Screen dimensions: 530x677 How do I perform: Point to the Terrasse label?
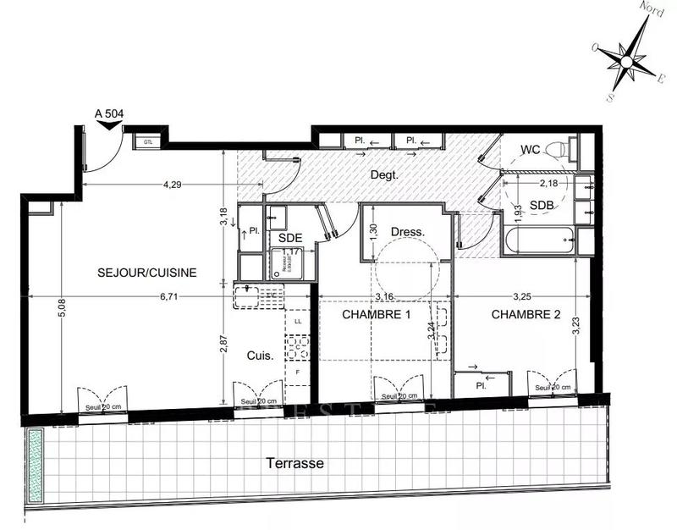(295, 464)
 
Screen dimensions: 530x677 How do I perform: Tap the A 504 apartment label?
(109, 113)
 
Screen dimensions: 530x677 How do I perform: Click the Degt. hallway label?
(384, 175)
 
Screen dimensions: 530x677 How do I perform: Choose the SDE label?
(290, 238)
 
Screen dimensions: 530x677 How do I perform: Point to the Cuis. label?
(260, 356)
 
